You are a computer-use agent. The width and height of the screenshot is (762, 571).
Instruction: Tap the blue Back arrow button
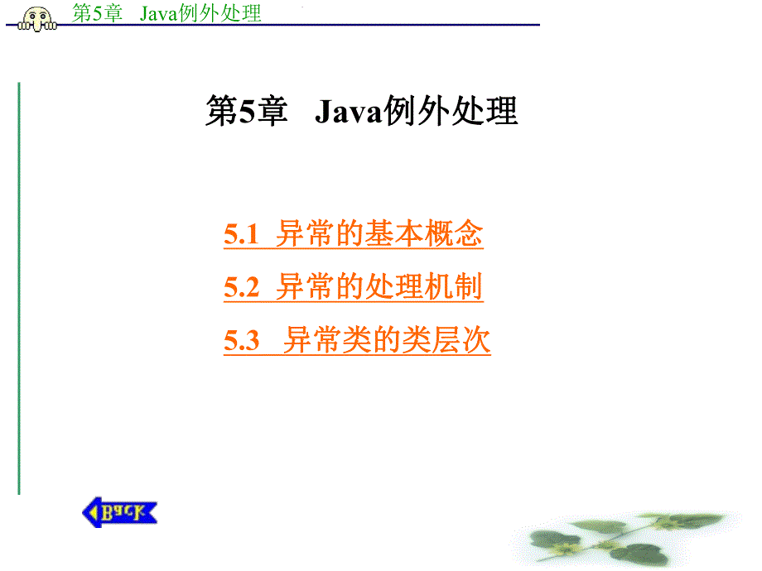pyautogui.click(x=119, y=512)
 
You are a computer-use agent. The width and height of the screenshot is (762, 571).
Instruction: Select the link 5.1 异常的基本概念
pyautogui.click(x=354, y=235)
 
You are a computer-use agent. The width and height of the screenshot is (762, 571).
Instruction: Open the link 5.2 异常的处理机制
pyautogui.click(x=354, y=287)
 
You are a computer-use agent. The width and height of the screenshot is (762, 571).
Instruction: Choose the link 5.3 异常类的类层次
pyautogui.click(x=357, y=340)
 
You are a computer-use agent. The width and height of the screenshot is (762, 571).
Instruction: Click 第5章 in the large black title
pyautogui.click(x=245, y=112)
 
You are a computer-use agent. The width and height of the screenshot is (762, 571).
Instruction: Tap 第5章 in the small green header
pyautogui.click(x=97, y=13)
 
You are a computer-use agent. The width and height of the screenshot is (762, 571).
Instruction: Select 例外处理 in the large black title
pyautogui.click(x=449, y=112)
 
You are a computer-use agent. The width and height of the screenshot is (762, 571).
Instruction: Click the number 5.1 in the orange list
pyautogui.click(x=241, y=236)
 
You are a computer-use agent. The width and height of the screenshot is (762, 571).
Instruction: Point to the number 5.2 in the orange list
pyautogui.click(x=241, y=288)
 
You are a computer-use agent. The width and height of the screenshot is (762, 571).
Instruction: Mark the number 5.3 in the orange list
pyautogui.click(x=241, y=341)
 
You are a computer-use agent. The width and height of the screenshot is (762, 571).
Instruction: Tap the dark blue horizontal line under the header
pyautogui.click(x=331, y=26)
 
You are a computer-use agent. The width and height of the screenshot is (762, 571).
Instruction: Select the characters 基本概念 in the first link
pyautogui.click(x=432, y=235)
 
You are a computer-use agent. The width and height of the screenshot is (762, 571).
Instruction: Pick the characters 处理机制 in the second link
pyautogui.click(x=432, y=287)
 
